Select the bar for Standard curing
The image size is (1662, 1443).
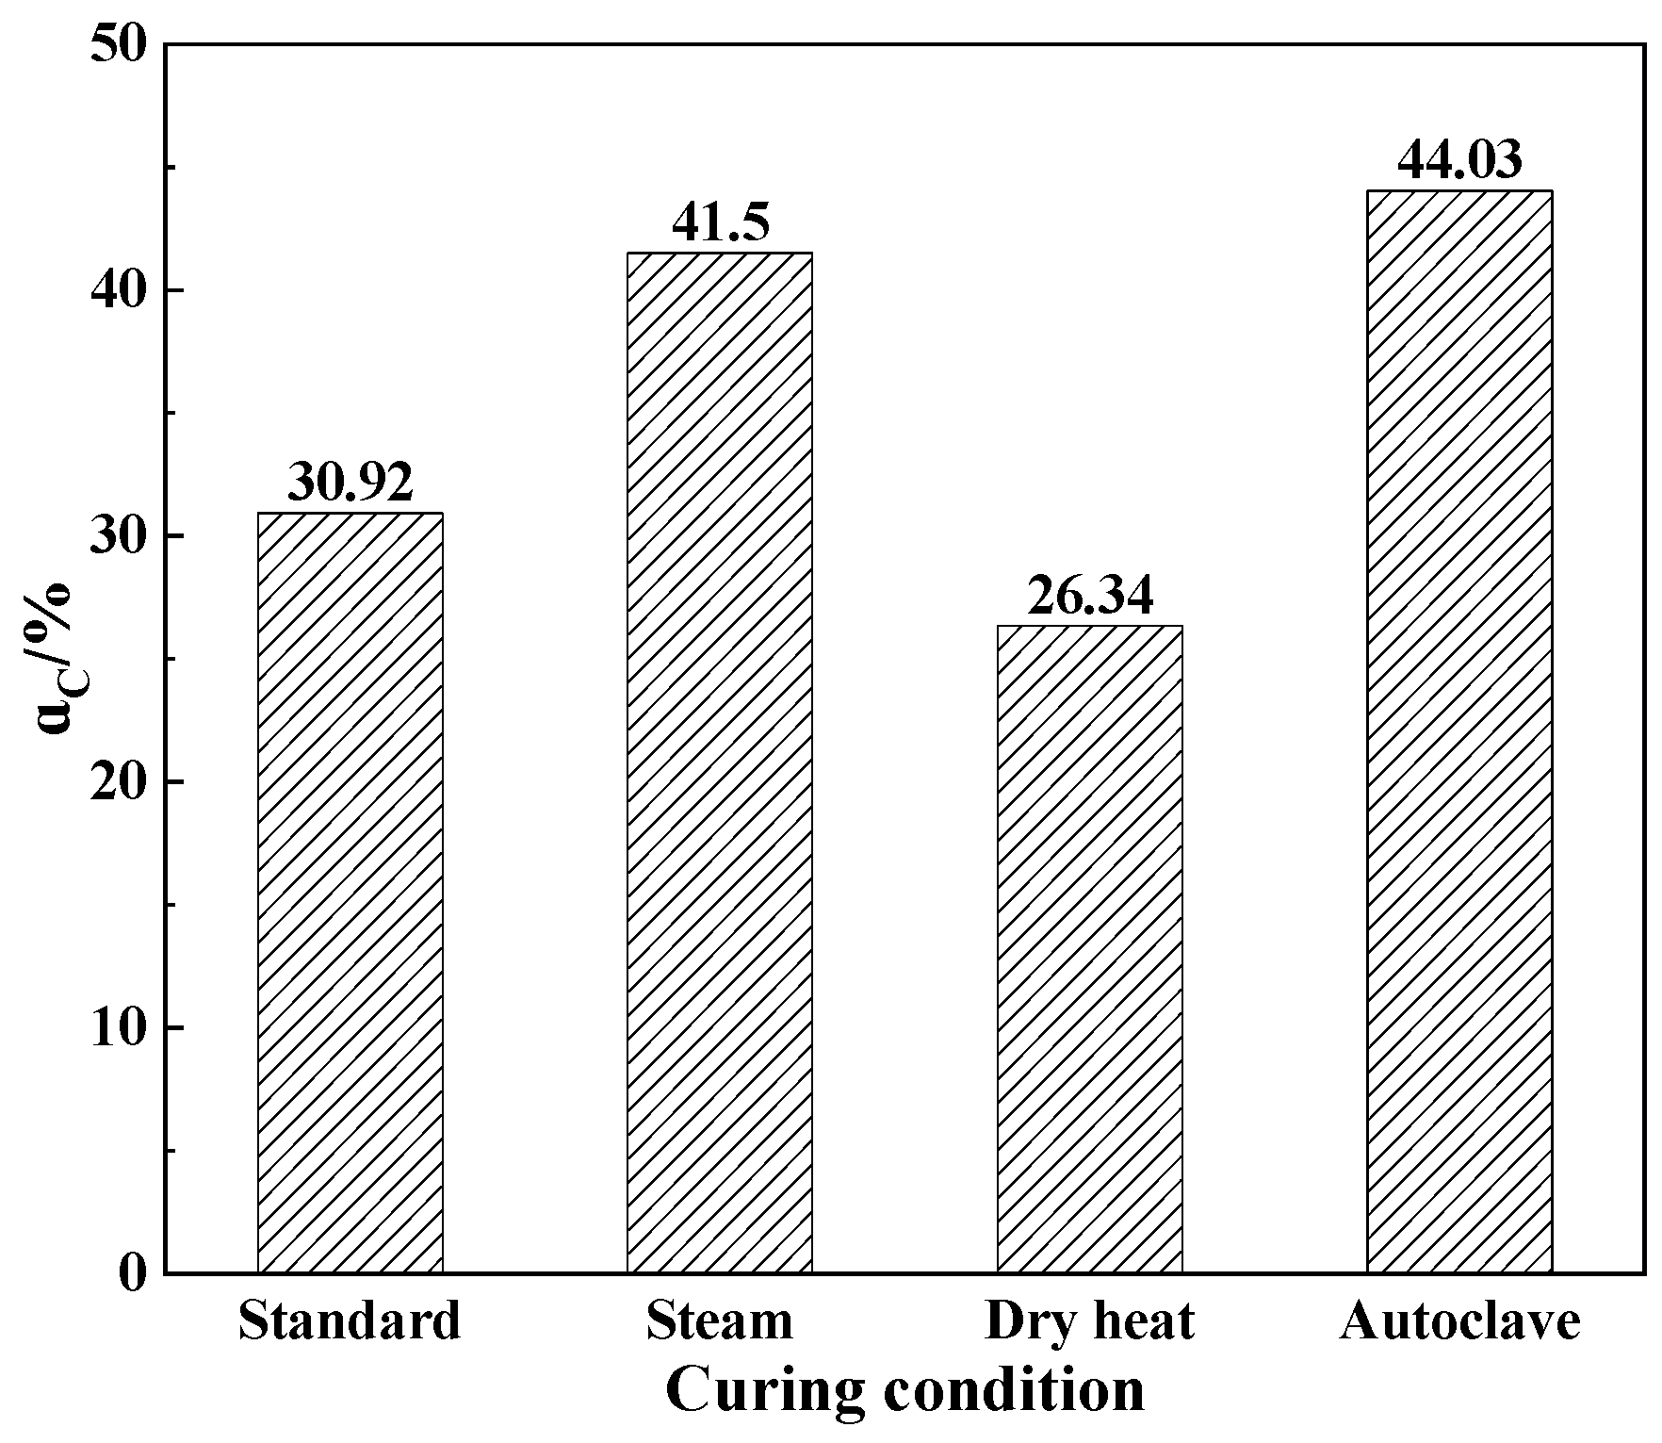click(x=350, y=893)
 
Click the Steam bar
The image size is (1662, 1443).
click(x=719, y=762)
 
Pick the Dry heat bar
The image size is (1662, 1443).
click(x=1089, y=949)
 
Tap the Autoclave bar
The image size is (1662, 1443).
click(x=1459, y=731)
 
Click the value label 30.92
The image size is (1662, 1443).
click(x=350, y=483)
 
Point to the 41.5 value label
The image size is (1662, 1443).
click(x=720, y=223)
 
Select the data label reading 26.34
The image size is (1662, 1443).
click(x=1089, y=596)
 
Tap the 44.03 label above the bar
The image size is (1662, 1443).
click(x=1459, y=160)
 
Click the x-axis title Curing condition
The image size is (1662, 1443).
click(x=904, y=1391)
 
